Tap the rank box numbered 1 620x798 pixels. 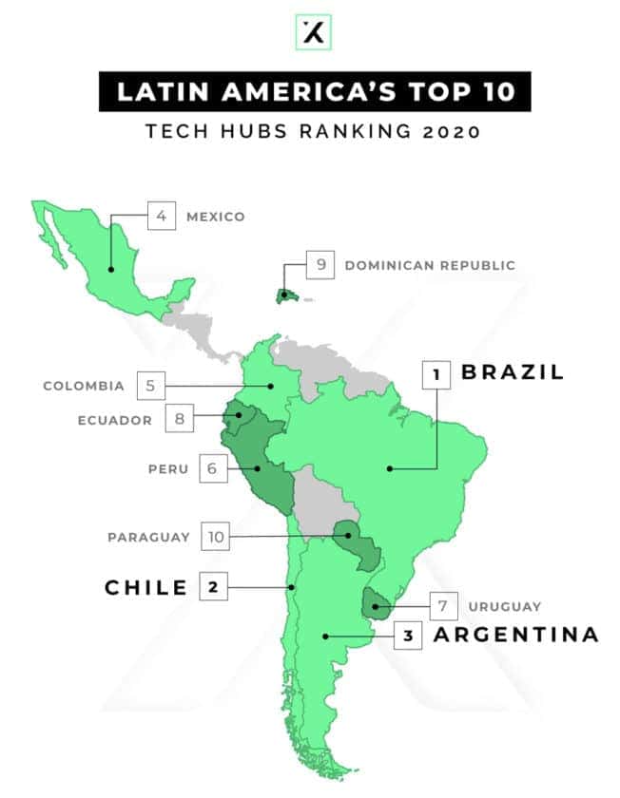click(x=436, y=374)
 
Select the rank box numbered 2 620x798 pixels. click(x=213, y=587)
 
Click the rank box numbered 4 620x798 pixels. click(x=162, y=216)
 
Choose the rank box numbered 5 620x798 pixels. click(x=150, y=386)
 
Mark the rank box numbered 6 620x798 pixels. click(x=213, y=467)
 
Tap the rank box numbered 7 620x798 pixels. click(x=442, y=605)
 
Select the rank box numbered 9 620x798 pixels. click(x=321, y=265)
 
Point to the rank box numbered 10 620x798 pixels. click(x=217, y=537)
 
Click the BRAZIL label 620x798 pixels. click(x=513, y=372)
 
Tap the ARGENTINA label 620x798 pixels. click(x=516, y=635)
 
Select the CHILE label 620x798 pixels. click(x=145, y=588)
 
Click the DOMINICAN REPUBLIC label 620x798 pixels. click(x=430, y=266)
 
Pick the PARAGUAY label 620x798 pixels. click(x=148, y=538)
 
